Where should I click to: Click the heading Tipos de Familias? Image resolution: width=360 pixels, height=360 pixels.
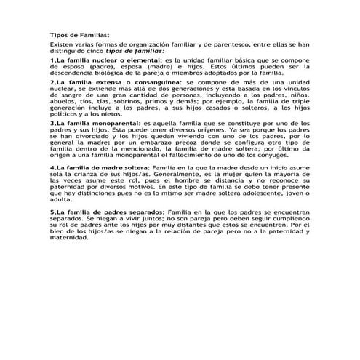click(x=81, y=34)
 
